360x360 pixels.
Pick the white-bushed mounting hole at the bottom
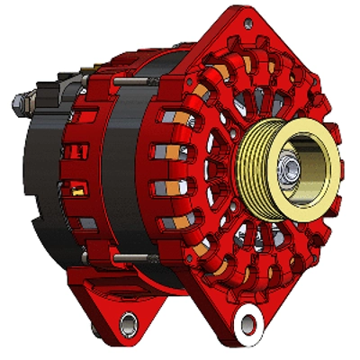click(247, 317)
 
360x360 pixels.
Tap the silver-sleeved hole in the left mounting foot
click(128, 319)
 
